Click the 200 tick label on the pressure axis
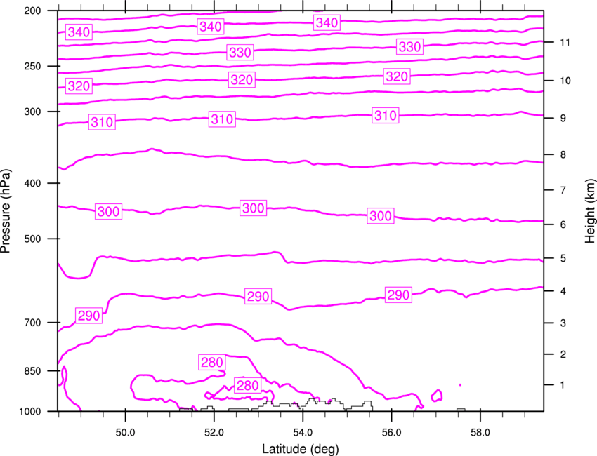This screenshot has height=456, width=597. pos(32,11)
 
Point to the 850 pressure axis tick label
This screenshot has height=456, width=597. pos(32,371)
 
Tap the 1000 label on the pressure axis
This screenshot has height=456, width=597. pos(30,411)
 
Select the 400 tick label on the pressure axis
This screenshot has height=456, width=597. pos(32,183)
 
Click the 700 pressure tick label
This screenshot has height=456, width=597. pos(32,323)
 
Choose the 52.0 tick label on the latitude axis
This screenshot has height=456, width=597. pos(214,433)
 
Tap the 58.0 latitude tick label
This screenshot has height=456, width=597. pos(480,433)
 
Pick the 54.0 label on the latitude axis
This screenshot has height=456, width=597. pos(303,433)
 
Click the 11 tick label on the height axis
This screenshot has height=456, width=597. pos(565,42)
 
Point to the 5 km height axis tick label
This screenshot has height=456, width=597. pos(563,259)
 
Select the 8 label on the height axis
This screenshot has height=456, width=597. pos(563,155)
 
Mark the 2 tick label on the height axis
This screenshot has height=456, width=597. pos(563,354)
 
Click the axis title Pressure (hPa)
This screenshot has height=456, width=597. pos(6,211)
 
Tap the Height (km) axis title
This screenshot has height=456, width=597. pos(590,211)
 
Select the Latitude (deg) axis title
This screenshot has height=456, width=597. pos(301,449)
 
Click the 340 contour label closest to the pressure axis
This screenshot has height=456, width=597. pos(79,32)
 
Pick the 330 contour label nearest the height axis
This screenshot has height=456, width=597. pos(409,47)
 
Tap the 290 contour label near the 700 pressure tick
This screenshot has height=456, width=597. pos(88,316)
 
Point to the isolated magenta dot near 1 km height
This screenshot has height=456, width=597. pos(460,385)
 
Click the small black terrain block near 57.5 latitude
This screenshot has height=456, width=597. pos(461,410)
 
